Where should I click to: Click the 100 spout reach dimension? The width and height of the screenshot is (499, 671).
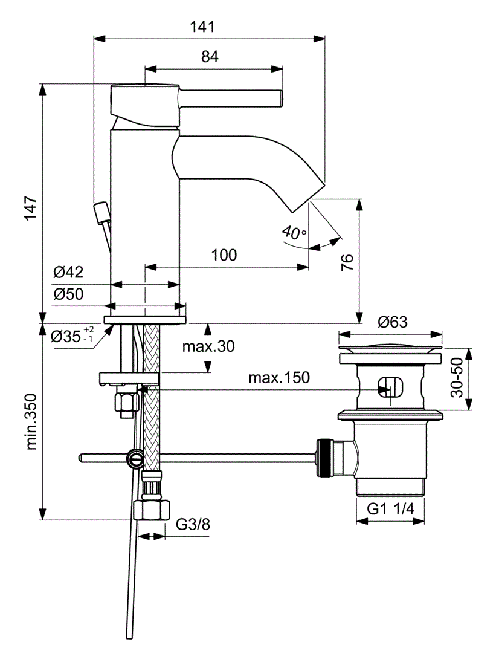pos(224,255)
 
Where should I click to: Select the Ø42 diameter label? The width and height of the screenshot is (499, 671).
pos(68,273)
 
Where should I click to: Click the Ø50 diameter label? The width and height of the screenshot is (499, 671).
pos(68,294)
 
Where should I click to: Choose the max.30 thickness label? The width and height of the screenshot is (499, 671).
pos(208,346)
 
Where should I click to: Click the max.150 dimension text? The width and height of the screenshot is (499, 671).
pos(279,378)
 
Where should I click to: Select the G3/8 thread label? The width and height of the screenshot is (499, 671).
pos(193,524)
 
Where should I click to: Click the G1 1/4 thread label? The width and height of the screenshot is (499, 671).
pos(391,509)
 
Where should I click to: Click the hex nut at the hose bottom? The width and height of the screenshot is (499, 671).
pos(150,510)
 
